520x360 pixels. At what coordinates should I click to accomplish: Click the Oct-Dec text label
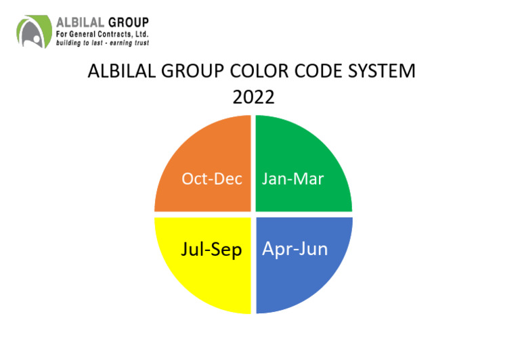pos(212,179)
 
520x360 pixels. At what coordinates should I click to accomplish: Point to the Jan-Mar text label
pos(292,179)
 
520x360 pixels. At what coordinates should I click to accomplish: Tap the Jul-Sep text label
pos(211,249)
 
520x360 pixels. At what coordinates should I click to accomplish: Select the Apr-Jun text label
pos(295,249)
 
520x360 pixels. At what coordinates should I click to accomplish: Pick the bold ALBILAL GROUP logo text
pos(102,22)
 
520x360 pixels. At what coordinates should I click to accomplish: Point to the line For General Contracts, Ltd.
pos(102,33)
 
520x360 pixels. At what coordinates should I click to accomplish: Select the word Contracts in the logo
pos(116,33)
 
